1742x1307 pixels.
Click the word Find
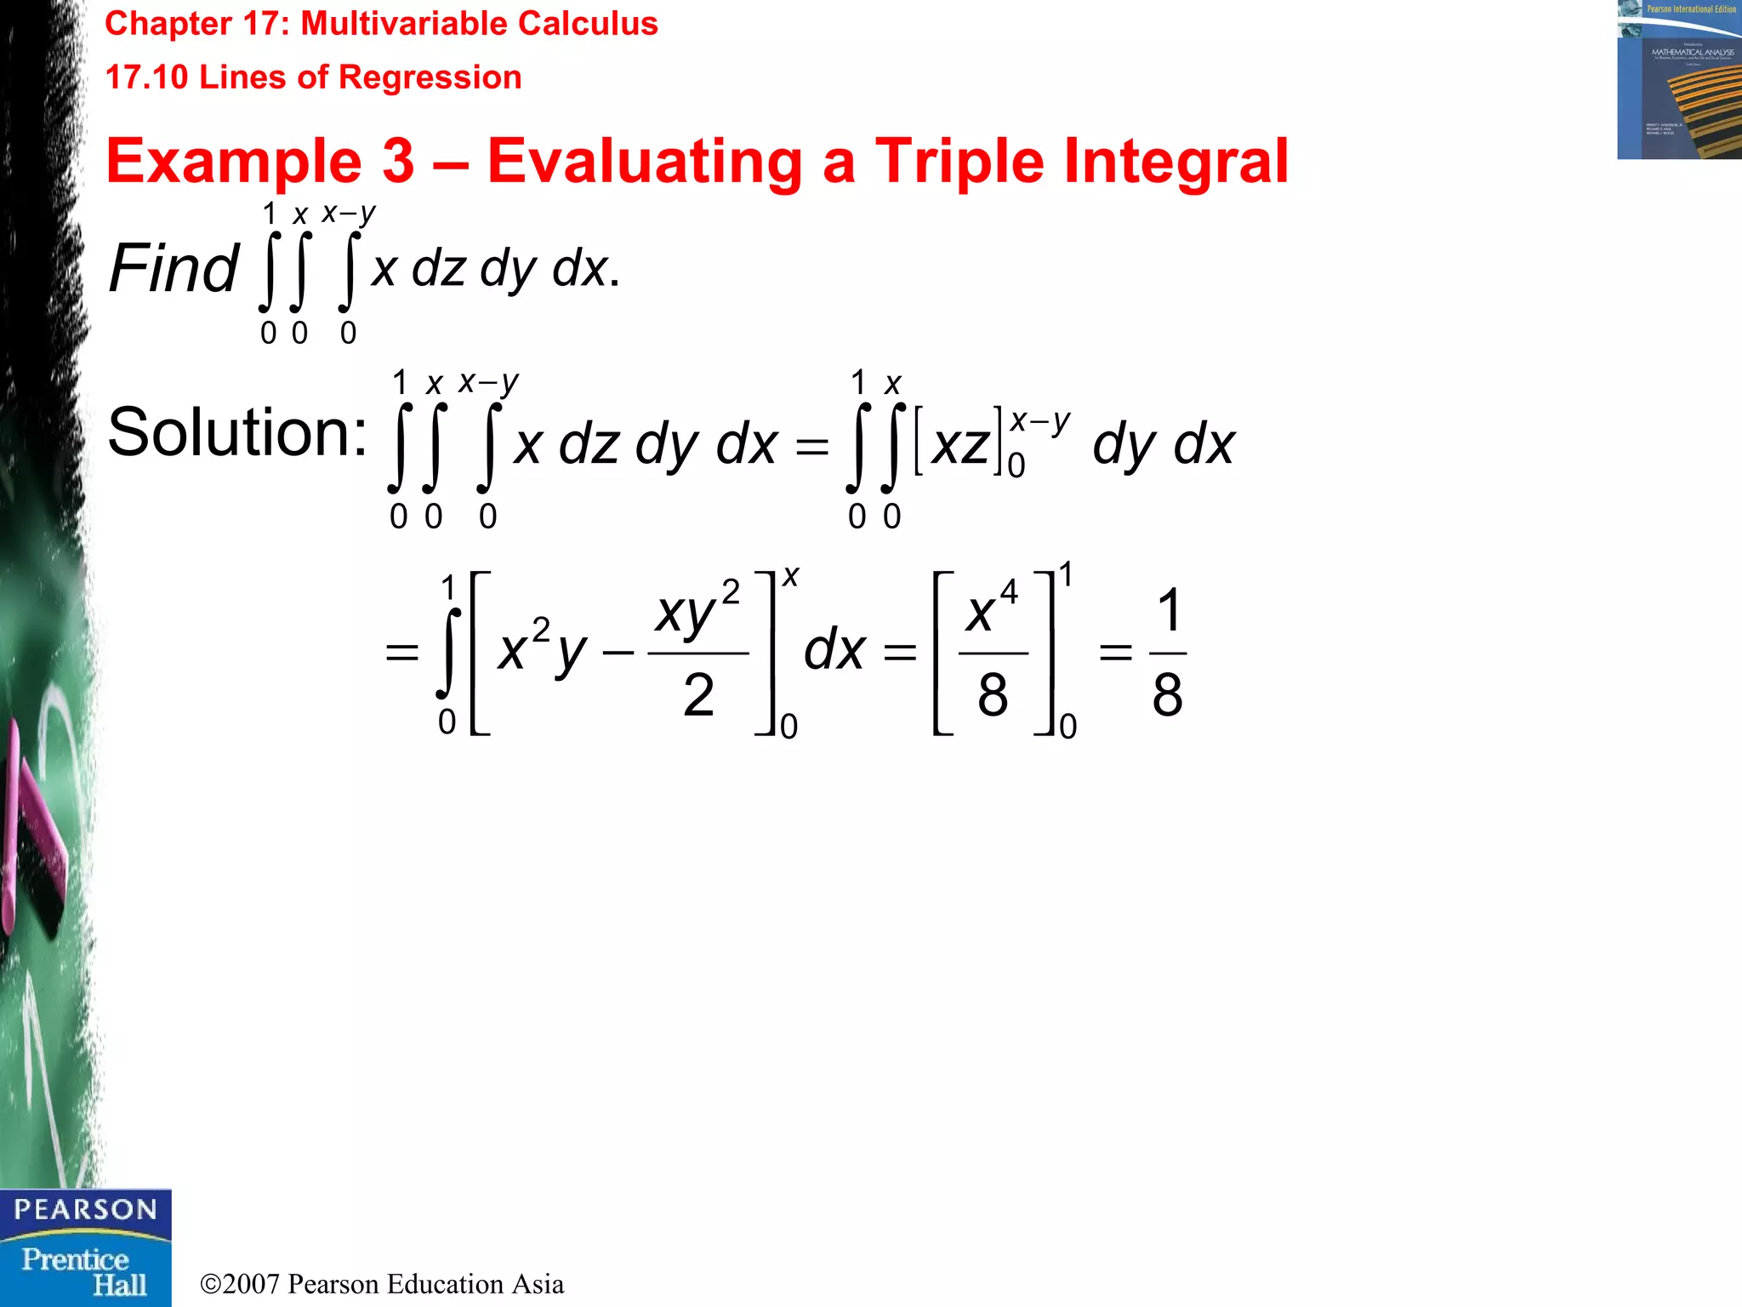coord(174,268)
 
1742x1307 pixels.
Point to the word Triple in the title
coord(959,162)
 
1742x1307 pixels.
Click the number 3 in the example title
coord(397,162)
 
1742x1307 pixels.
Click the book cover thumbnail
coord(1679,80)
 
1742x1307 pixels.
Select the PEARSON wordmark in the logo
coord(85,1209)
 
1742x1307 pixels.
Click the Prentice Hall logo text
coord(85,1271)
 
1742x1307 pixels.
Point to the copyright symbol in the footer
coord(210,1284)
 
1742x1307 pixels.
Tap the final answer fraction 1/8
coord(1167,653)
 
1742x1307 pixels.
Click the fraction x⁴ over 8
coord(992,653)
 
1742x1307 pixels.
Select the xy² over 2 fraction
coord(698,653)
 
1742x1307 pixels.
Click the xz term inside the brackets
coord(960,445)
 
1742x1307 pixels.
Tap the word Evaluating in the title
coord(645,162)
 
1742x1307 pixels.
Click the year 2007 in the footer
coord(251,1284)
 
